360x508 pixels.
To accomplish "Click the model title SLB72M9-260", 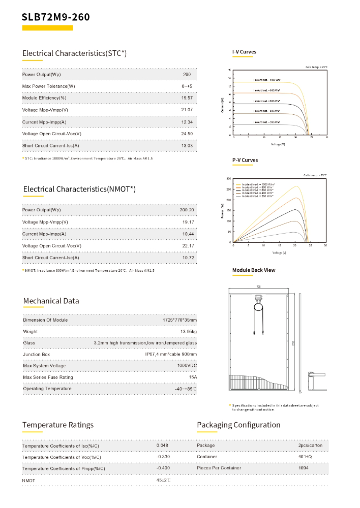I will coord(56,17).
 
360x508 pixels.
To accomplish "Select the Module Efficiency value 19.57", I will coord(187,98).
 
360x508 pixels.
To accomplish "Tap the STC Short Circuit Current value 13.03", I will coord(187,146).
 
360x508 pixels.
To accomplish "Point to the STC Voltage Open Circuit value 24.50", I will coord(187,134).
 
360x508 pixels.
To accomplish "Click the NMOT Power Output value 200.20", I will coord(187,210).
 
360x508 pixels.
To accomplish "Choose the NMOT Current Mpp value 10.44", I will coord(188,234).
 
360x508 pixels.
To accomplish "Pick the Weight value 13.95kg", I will coord(188,332).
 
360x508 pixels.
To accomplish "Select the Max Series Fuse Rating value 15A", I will coord(193,377).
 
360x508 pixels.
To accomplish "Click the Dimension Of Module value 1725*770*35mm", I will coord(179,320).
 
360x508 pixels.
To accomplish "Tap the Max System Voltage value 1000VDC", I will coord(187,366).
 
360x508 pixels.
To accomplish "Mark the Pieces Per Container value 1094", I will coord(304,467).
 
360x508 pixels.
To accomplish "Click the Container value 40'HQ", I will coord(305,456).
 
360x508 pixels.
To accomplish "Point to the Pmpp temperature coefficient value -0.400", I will coord(163,468).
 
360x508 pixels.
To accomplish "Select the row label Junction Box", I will coord(37,355).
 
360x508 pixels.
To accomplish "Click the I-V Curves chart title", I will coord(245,52).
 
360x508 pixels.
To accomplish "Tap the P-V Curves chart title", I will coord(245,160).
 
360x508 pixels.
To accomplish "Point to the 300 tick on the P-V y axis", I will coord(228,179).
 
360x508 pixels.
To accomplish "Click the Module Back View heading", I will coord(254,270).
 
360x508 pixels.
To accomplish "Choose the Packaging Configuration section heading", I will coord(238,425).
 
